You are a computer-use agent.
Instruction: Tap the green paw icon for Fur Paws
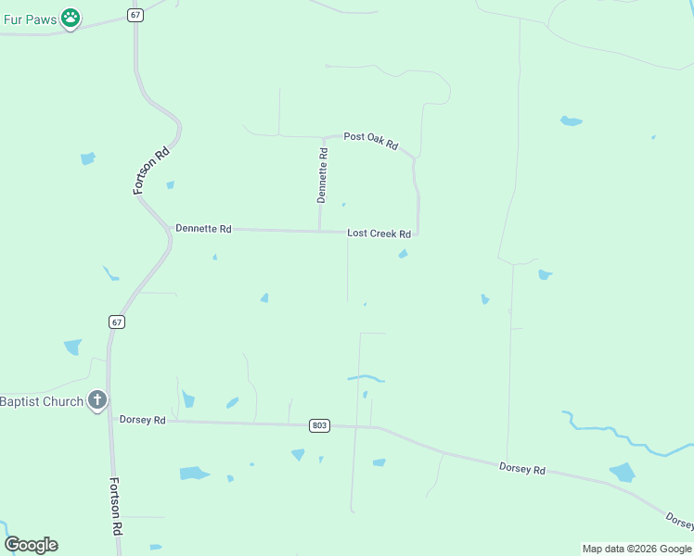click(71, 18)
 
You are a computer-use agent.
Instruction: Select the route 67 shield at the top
click(136, 16)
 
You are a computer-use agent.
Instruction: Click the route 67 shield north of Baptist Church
click(116, 322)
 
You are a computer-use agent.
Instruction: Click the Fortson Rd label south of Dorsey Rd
click(117, 505)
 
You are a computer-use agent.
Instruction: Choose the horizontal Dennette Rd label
click(203, 228)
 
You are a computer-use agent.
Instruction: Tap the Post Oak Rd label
click(370, 140)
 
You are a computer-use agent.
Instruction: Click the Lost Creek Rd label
click(379, 234)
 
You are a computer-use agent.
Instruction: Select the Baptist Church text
click(42, 401)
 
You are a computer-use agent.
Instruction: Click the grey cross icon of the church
click(97, 401)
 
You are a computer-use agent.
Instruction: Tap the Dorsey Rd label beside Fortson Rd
click(142, 420)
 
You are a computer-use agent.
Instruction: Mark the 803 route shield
click(319, 425)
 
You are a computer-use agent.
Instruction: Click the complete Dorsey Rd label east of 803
click(521, 469)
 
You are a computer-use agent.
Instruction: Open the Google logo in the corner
click(31, 545)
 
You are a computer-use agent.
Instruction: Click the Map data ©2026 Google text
click(636, 549)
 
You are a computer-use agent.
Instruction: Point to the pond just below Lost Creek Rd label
click(403, 254)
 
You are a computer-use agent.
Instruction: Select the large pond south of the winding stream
click(623, 473)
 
